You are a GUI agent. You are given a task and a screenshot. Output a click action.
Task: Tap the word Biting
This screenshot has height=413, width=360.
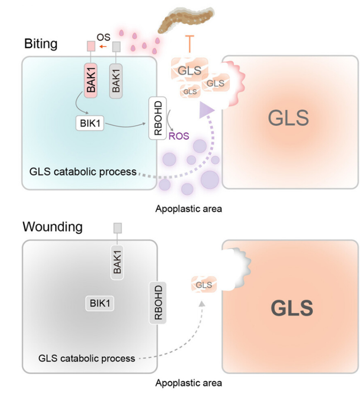tap(41, 44)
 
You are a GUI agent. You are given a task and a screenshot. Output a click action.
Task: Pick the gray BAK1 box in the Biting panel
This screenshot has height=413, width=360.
tap(116, 81)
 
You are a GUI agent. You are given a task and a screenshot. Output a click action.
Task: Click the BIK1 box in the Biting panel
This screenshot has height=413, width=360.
tap(89, 123)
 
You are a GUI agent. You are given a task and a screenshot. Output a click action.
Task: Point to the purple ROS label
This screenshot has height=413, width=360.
tap(179, 136)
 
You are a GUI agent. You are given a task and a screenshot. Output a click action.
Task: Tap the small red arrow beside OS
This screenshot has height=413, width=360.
tap(104, 46)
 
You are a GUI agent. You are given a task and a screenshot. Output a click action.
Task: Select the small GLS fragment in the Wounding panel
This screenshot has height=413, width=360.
tap(204, 285)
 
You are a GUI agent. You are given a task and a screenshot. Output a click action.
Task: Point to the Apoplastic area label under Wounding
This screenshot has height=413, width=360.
tap(188, 382)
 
